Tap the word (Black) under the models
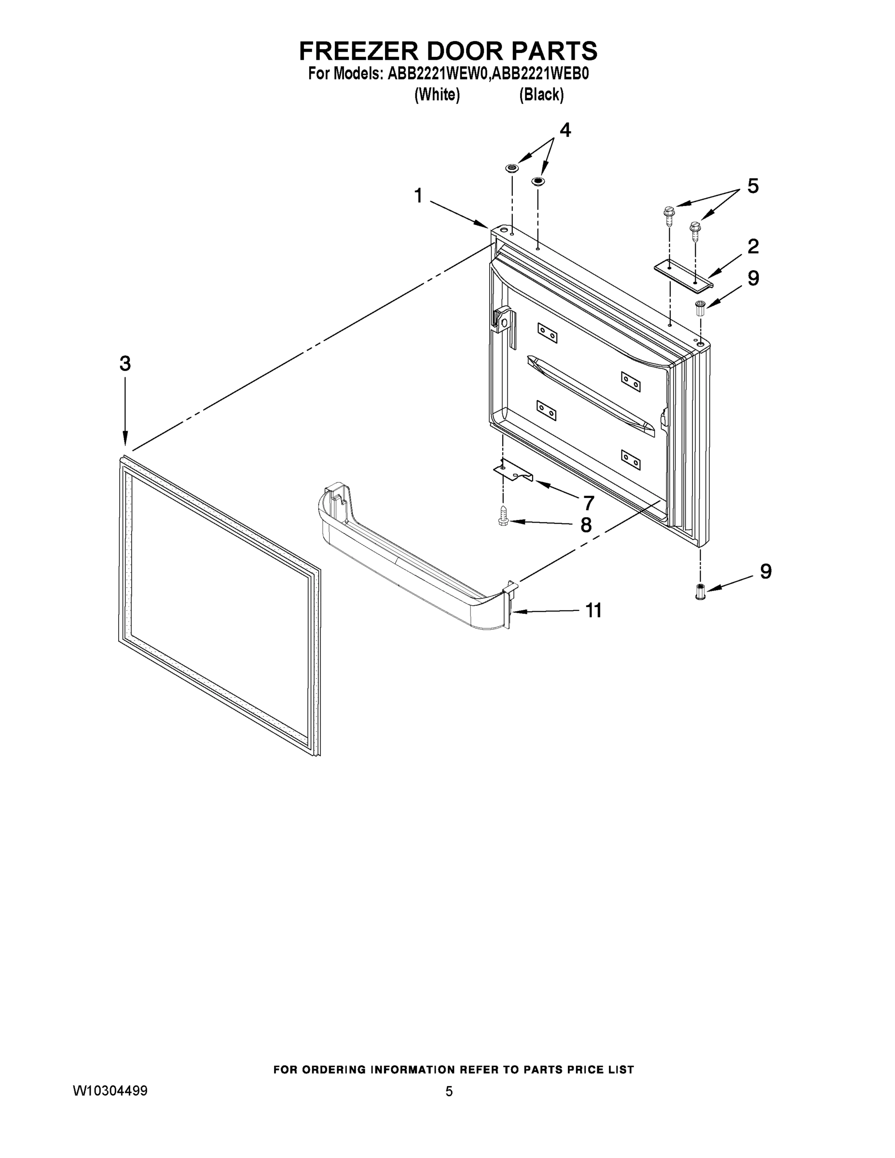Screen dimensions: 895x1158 541,95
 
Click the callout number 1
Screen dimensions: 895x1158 418,195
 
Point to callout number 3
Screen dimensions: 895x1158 124,364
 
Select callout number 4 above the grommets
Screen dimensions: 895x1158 565,130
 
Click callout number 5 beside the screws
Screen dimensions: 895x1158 752,186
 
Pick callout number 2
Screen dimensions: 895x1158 752,247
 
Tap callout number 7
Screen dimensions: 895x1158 589,502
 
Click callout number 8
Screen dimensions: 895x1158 586,525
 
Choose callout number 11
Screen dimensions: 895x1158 593,611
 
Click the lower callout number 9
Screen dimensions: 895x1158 766,571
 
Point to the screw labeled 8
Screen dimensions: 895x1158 503,516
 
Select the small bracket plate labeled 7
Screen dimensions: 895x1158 513,471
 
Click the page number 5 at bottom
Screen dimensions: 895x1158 449,1091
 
